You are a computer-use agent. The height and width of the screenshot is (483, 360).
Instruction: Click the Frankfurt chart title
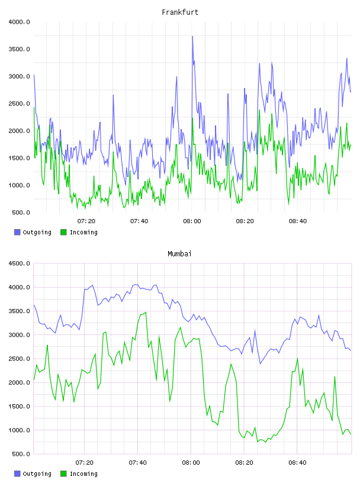pos(180,12)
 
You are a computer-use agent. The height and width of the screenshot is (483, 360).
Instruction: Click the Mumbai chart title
pos(179,254)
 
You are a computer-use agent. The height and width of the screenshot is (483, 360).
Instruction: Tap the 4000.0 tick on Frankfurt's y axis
pos(19,22)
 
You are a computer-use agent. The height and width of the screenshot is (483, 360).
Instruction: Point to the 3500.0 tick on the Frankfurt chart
pos(19,49)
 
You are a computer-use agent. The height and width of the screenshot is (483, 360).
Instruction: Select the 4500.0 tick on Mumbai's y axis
pos(19,263)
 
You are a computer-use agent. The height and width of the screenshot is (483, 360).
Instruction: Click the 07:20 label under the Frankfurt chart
pos(86,221)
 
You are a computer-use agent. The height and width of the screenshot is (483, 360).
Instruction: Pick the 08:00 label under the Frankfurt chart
pos(192,221)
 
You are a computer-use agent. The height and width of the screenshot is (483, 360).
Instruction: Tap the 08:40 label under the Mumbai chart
pos(297,463)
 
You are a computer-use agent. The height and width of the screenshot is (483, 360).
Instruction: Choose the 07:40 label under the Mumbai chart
pos(138,463)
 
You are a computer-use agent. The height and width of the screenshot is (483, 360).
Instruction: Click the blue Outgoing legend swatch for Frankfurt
pos(17,232)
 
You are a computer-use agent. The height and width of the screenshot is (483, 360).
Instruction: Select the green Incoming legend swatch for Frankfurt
pos(63,232)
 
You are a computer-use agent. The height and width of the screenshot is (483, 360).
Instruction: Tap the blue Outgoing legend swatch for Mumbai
pos(17,474)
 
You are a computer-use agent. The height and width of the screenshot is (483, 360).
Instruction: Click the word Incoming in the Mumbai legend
pos(83,474)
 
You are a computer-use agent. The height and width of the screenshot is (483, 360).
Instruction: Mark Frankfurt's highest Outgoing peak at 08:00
pos(192,36)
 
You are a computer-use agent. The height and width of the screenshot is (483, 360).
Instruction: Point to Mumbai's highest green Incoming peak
pos(146,312)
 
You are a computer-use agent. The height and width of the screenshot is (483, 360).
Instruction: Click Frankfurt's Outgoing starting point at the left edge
pos(34,75)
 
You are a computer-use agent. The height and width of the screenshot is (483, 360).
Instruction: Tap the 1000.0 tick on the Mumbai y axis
pos(19,430)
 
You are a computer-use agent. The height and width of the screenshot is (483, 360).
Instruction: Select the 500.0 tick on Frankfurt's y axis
pos(21,212)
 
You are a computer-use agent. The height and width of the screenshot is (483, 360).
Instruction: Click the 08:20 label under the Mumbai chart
pos(244,463)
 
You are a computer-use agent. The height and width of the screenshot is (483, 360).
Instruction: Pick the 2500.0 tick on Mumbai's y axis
pos(19,359)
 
